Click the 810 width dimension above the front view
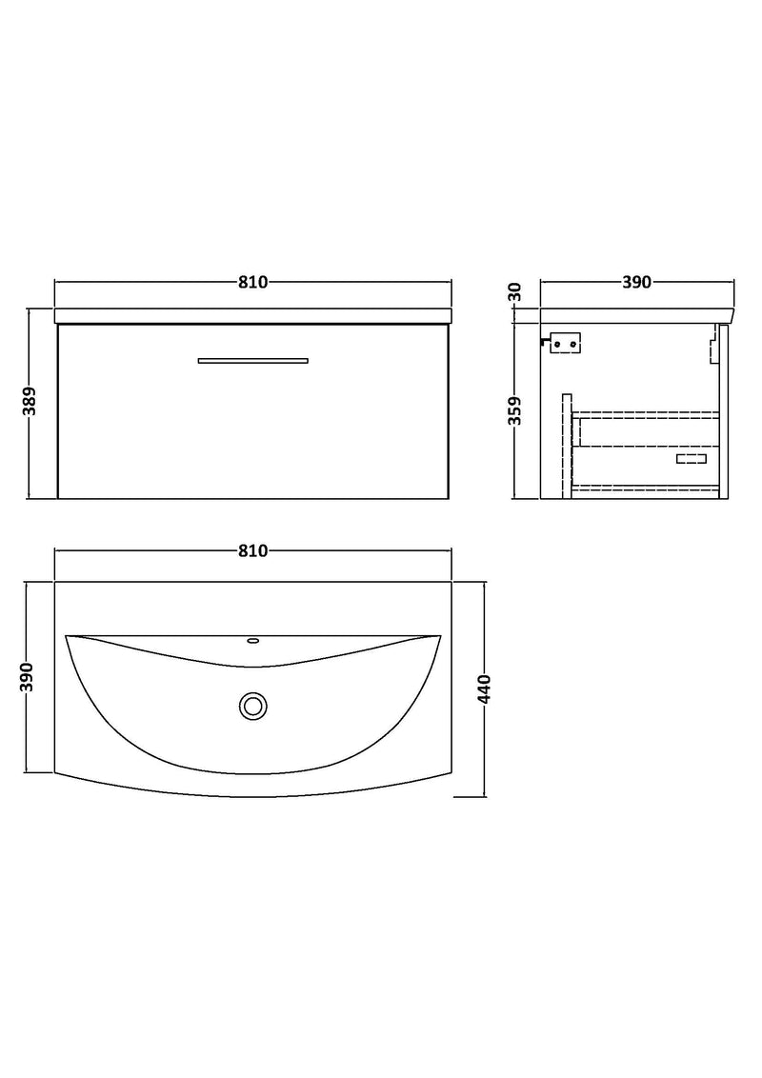pos(253,282)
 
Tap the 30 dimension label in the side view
pos(515,292)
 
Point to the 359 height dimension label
pos(515,410)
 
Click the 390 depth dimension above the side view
pos(636,282)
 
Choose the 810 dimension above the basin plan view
pos(253,551)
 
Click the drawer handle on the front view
pos(253,360)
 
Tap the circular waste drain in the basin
pos(253,706)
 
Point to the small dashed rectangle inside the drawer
pos(691,460)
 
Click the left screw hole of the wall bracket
pos(559,342)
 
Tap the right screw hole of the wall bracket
pos(573,342)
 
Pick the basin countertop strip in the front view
pos(253,315)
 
